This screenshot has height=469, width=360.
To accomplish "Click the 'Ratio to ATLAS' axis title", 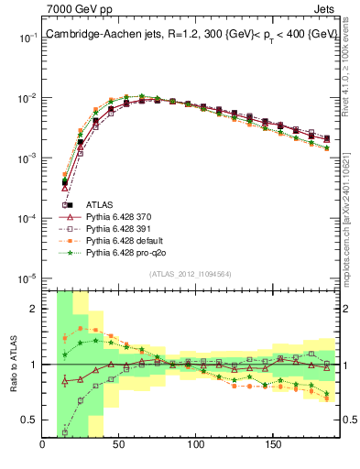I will [16, 365].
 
